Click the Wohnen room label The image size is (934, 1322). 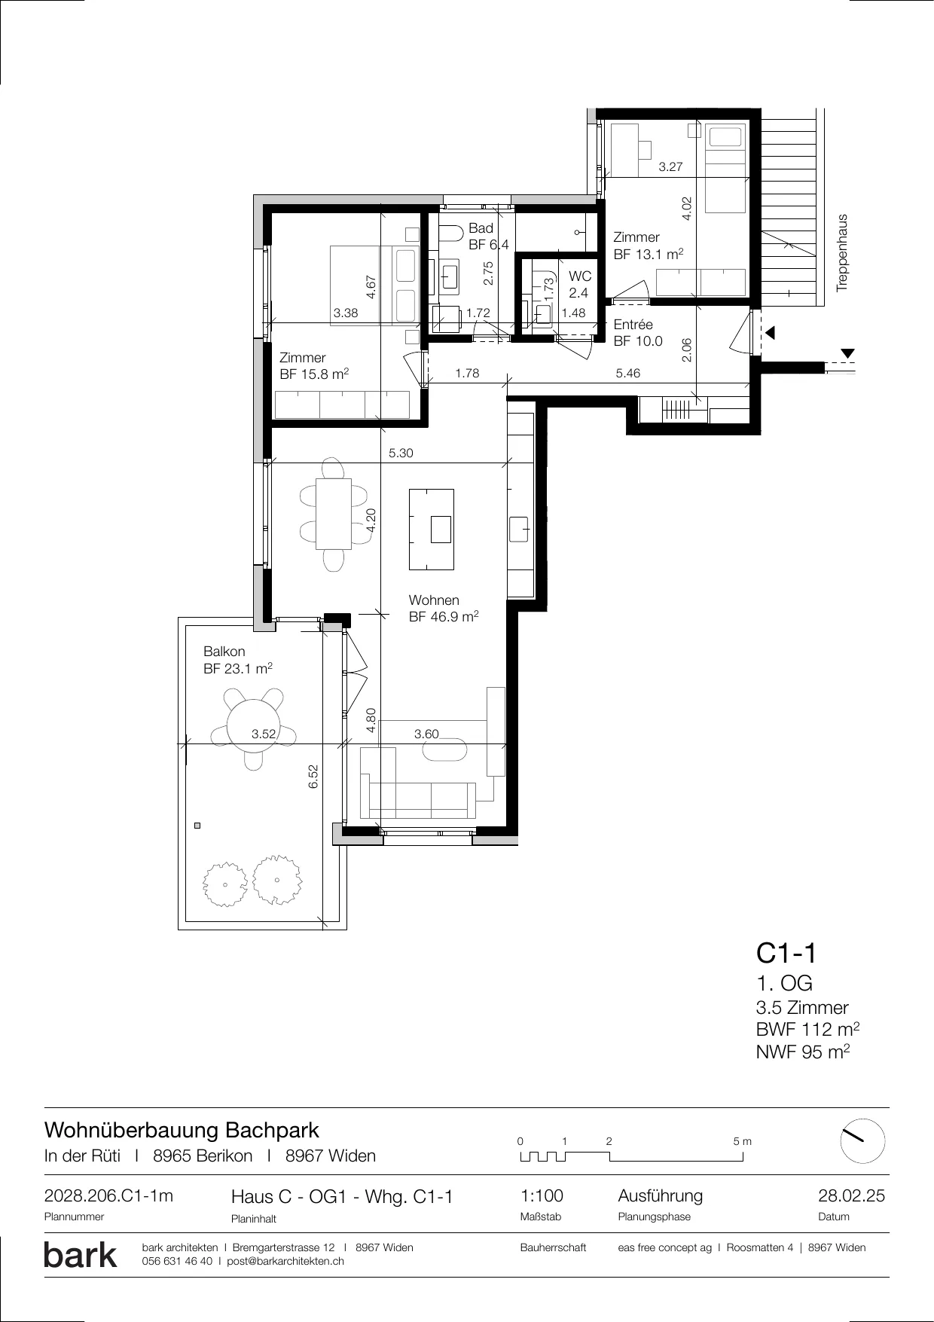point(434,600)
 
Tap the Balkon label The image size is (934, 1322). point(224,652)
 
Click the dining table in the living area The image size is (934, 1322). point(333,514)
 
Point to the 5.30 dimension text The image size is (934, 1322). point(401,453)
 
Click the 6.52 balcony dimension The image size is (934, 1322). point(313,777)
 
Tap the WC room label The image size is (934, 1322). point(580,277)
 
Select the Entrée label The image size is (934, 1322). point(633,325)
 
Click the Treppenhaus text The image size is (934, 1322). point(842,253)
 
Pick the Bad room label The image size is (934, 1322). point(481,228)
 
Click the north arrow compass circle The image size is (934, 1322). point(862,1141)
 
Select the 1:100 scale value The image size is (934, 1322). point(542,1196)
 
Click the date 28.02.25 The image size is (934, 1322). point(851,1196)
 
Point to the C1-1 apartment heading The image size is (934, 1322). point(786,954)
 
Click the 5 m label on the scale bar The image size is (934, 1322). point(742,1141)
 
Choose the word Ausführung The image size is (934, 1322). point(660,1196)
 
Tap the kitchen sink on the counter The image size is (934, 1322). point(519,529)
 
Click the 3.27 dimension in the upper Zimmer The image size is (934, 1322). point(670,167)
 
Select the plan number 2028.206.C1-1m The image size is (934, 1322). point(108,1196)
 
